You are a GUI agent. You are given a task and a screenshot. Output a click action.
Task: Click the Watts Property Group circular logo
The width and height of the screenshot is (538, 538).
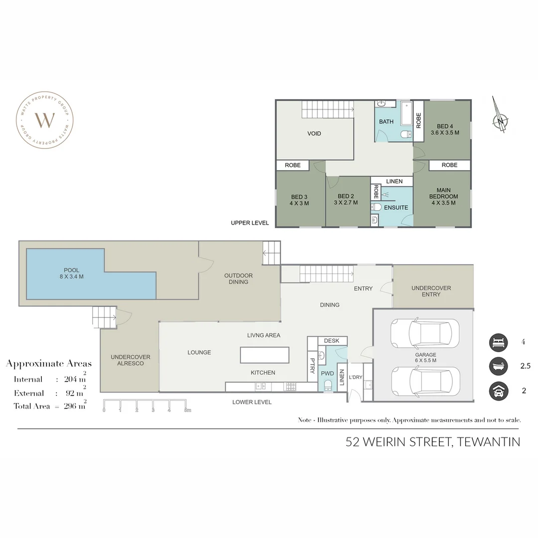[x=45, y=120]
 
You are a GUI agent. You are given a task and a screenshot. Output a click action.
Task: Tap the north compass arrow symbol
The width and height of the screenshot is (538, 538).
[x=500, y=115]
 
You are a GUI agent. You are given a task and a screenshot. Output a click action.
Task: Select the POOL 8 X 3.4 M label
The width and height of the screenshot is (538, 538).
[x=71, y=273]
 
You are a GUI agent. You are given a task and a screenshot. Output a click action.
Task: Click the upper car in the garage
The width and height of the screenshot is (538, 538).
[x=425, y=333]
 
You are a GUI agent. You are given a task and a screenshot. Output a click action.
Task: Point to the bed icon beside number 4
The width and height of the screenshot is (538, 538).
[x=498, y=342]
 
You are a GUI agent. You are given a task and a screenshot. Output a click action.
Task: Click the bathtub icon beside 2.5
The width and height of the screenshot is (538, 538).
[x=498, y=366]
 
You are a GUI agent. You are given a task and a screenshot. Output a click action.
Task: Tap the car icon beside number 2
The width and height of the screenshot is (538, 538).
[x=498, y=391]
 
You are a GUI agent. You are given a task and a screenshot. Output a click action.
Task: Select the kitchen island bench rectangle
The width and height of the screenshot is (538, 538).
[x=265, y=355]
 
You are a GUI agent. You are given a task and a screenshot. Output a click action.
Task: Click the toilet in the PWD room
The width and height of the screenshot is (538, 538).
[x=328, y=385]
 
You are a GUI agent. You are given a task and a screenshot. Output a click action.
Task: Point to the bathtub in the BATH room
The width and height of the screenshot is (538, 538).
[x=406, y=113]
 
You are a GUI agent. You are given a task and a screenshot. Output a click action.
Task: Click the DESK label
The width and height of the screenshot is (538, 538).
[x=331, y=341]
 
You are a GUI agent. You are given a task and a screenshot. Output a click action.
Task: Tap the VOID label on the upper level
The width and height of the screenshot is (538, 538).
[x=314, y=134]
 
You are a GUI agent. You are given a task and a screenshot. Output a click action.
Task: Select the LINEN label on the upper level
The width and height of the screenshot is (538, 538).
[x=394, y=181]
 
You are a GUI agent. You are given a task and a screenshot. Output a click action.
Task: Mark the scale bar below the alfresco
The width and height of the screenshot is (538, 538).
[x=145, y=405]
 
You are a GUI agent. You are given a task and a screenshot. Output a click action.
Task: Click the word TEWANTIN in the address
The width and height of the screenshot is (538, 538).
[x=488, y=442]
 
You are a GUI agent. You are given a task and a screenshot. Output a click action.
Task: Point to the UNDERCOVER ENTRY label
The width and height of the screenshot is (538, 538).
[x=431, y=291]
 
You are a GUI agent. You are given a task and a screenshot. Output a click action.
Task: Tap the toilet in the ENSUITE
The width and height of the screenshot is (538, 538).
[x=377, y=207]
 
